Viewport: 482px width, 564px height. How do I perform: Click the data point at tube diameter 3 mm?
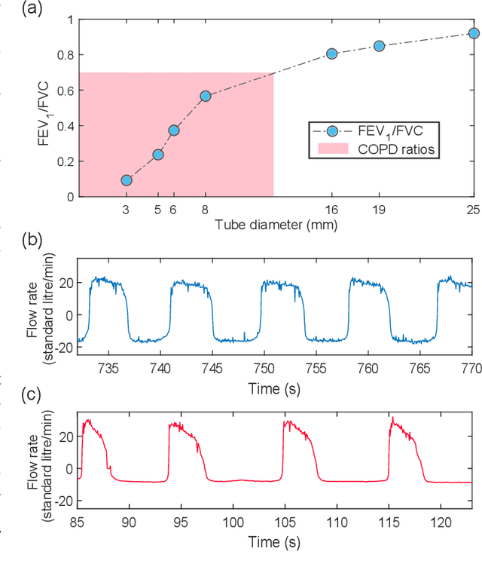(127, 180)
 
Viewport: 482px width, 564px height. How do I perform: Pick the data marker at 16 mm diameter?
(331, 54)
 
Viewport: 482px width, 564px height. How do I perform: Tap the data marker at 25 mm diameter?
(474, 33)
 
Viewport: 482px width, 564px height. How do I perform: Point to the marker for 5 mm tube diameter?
(158, 155)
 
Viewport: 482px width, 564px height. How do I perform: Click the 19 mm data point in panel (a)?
(379, 46)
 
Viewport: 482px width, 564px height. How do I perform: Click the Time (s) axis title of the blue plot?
(276, 388)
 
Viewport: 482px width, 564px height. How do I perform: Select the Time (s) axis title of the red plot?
(276, 542)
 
